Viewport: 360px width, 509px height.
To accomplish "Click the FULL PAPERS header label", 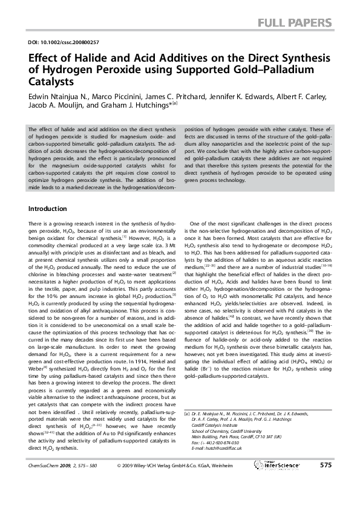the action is click(x=295, y=24).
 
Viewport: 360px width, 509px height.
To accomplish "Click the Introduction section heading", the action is click(x=48, y=209).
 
